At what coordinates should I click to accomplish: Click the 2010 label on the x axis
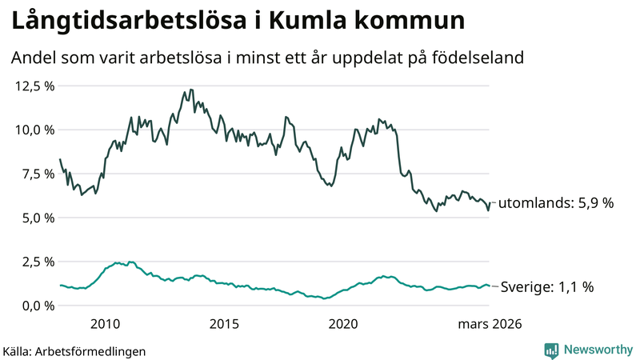coord(106,324)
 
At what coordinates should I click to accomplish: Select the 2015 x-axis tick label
coord(225,324)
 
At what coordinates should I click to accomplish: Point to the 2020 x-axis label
coord(344,324)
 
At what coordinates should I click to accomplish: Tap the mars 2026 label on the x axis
coord(490,324)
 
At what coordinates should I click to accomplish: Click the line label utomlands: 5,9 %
coord(556,203)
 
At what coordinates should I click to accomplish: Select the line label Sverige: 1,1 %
coord(546,286)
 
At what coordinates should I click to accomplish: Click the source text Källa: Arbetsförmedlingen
coord(74,351)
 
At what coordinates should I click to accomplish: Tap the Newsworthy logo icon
coord(552,350)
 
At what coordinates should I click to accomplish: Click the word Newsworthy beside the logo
coord(598,350)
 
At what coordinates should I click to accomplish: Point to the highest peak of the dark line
coord(190,90)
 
